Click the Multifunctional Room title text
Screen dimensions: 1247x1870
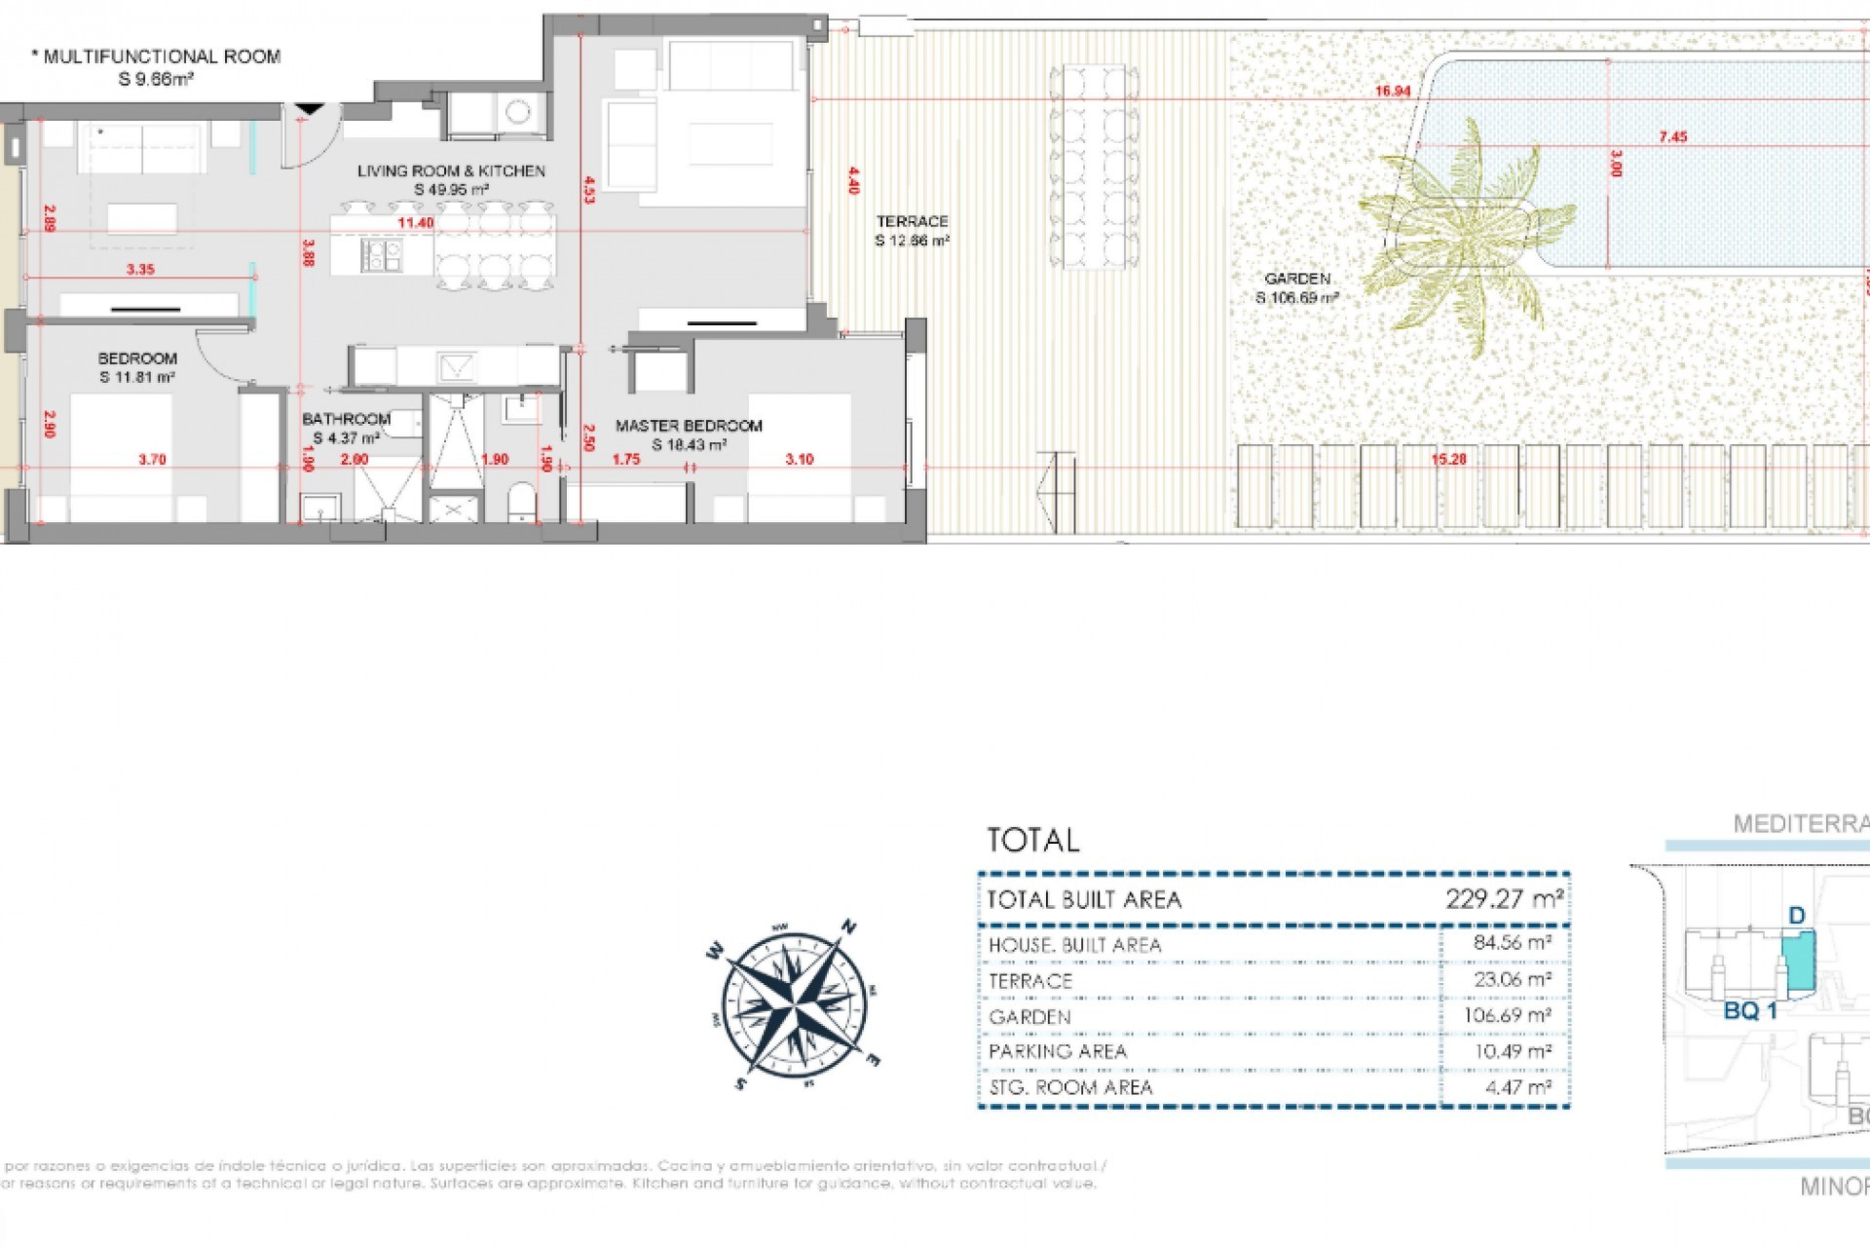[x=162, y=57]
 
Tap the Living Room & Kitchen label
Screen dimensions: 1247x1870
[x=451, y=171]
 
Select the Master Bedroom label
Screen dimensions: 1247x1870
[x=689, y=426]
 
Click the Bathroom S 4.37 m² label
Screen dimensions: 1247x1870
[x=346, y=429]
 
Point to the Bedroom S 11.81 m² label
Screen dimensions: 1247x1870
[x=137, y=367]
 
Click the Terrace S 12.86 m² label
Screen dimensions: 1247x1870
[x=912, y=231]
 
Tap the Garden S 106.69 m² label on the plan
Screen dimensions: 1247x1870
[x=1297, y=288]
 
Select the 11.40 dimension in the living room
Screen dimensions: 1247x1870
[x=416, y=223]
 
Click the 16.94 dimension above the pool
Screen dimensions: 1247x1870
[x=1393, y=92]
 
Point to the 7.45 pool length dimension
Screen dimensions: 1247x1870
[x=1673, y=137]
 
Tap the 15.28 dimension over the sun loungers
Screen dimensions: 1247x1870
[x=1448, y=459]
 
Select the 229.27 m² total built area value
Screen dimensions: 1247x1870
[x=1503, y=898]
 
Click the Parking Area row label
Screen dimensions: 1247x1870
[x=1057, y=1052]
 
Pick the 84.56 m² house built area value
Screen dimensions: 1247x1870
[x=1512, y=943]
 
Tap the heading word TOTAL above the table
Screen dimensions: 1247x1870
[x=1032, y=840]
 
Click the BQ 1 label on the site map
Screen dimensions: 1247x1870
[x=1750, y=1011]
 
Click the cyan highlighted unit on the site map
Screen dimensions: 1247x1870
[x=1798, y=960]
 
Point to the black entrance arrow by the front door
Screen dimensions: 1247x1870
[x=310, y=109]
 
